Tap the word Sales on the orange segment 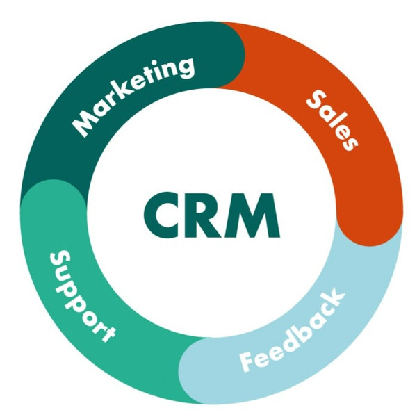pyautogui.click(x=332, y=119)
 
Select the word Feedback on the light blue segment pyautogui.click(x=293, y=332)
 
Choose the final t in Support pyautogui.click(x=106, y=334)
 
